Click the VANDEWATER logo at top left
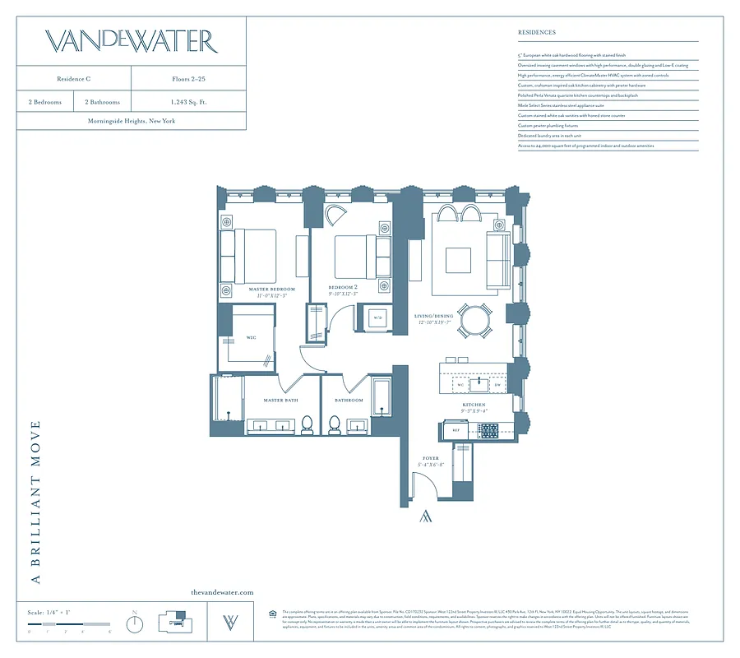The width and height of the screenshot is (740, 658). click(x=131, y=41)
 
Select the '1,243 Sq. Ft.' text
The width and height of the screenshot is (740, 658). click(x=187, y=102)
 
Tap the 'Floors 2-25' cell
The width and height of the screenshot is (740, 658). click(x=187, y=79)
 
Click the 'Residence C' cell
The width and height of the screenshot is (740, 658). click(x=74, y=79)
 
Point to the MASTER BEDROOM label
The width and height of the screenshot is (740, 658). click(x=271, y=290)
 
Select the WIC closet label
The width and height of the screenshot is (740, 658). click(x=252, y=337)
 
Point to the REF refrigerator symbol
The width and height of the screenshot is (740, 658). click(x=455, y=429)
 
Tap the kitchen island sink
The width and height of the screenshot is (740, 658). click(x=480, y=384)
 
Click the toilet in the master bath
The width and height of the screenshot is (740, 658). click(x=307, y=424)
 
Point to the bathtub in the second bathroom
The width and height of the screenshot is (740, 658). click(x=382, y=396)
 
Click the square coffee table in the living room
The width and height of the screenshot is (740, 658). click(x=458, y=260)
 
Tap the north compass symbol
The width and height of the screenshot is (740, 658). click(x=134, y=623)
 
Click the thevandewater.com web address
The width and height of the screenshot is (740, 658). click(x=221, y=592)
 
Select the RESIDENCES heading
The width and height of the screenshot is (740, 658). click(x=536, y=33)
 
